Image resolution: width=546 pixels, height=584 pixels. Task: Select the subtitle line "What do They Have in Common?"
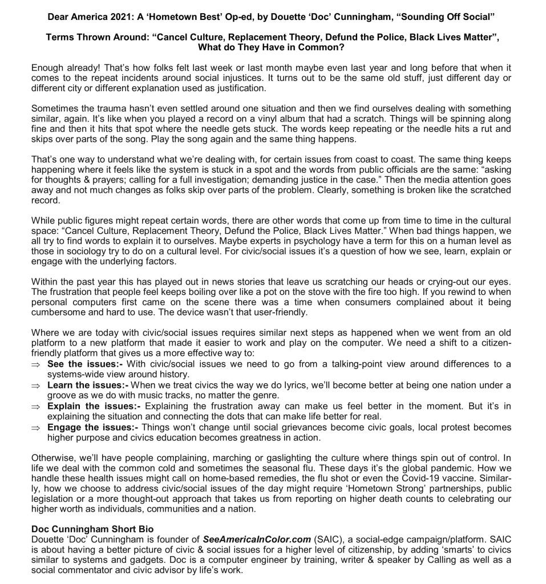[x=273, y=48]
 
